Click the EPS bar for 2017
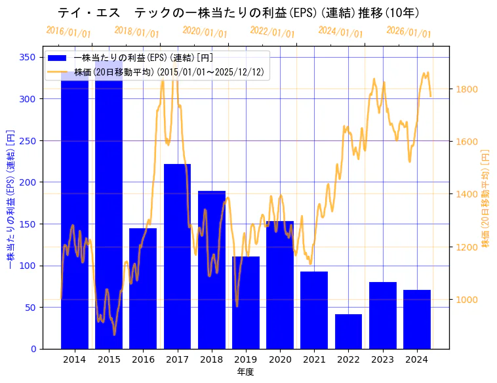[177, 256]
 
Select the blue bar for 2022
[348, 331]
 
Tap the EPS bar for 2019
[246, 302]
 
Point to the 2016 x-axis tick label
[143, 359]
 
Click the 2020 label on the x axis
[280, 359]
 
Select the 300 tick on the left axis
[28, 99]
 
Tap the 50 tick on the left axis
[31, 308]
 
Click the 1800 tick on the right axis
[467, 89]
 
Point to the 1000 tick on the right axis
[467, 300]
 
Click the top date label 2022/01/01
[273, 32]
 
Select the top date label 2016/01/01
[68, 32]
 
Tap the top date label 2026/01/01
[408, 32]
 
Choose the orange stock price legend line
[58, 72]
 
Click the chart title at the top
[239, 13]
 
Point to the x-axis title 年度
[245, 372]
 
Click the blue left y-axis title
[10, 197]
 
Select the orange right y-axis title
[486, 197]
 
